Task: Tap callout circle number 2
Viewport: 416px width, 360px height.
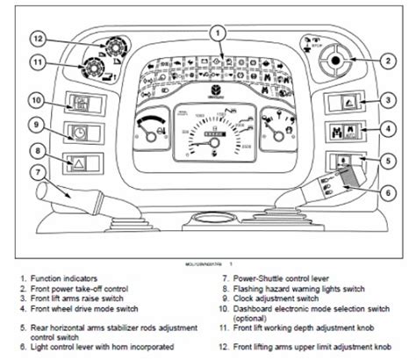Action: (385, 61)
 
